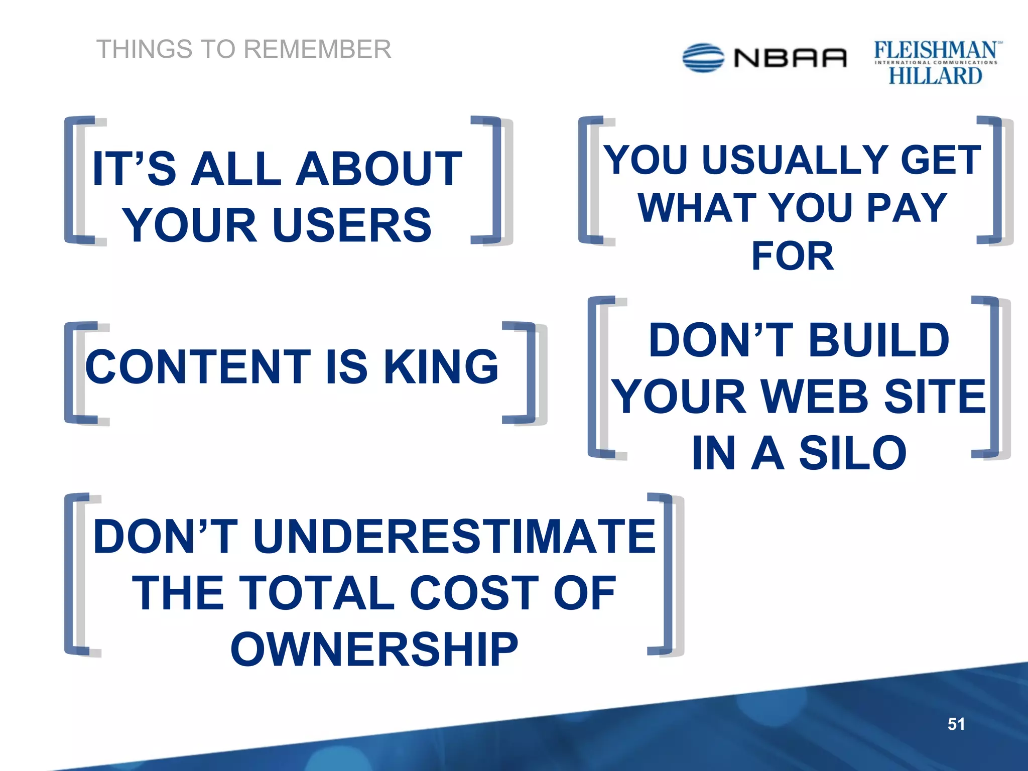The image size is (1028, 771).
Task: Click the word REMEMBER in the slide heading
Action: coord(317,50)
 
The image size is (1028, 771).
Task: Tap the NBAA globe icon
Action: coord(703,58)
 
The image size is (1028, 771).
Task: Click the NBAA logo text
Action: coord(790,58)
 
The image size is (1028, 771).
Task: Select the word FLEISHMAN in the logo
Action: coord(936,51)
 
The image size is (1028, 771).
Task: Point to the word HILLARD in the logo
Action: coord(935,76)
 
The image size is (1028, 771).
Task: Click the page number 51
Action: coord(956,724)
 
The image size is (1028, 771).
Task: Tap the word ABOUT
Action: coord(379,169)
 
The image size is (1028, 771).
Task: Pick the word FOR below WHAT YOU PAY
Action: coord(793,256)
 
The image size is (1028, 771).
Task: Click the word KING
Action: coord(441,367)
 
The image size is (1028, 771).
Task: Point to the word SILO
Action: coord(853,453)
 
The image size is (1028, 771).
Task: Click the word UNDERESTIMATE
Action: coord(454,537)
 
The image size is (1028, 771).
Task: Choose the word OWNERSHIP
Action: coord(374,650)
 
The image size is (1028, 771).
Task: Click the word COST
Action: coord(474,593)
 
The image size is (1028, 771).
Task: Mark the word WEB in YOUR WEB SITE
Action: coord(815,397)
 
